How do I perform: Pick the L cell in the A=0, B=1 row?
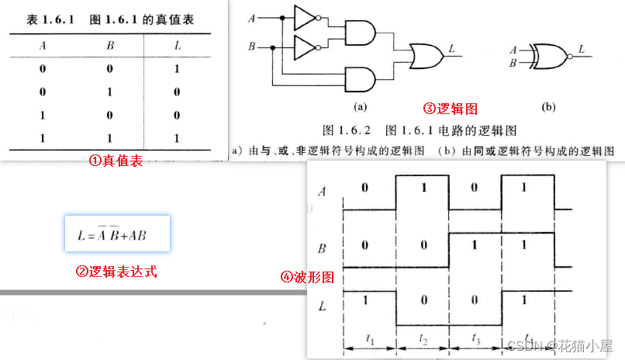(177, 92)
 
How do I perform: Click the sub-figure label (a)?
(360, 106)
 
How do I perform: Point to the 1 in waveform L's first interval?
(367, 299)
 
